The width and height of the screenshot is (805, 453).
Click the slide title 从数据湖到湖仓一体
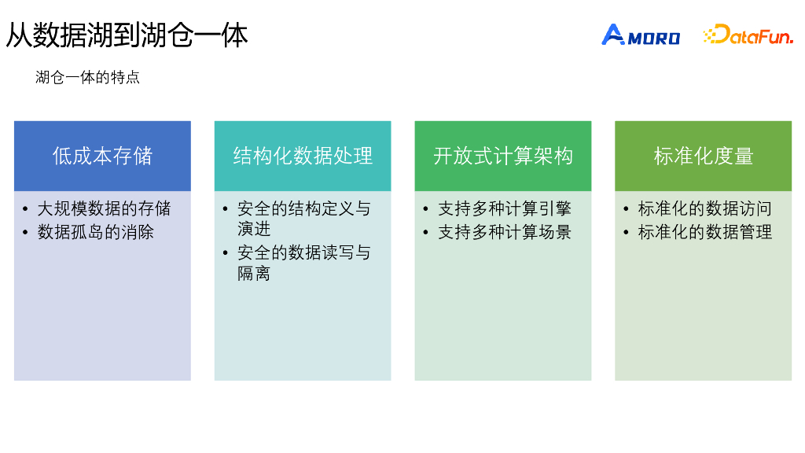click(127, 35)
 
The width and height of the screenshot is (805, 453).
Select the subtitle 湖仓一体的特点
click(87, 78)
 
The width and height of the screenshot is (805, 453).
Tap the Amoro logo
click(641, 35)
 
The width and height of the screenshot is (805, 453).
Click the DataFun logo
click(748, 35)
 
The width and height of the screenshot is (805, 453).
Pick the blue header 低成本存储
click(102, 156)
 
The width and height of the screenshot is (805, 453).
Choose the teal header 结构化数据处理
click(303, 156)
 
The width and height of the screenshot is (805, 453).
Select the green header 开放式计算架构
click(503, 156)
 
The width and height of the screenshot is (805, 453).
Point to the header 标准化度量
click(704, 156)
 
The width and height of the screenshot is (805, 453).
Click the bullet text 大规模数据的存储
click(104, 209)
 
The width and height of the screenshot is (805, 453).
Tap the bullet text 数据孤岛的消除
click(96, 232)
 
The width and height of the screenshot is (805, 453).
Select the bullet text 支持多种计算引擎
click(505, 209)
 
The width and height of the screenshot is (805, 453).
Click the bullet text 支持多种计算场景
click(505, 232)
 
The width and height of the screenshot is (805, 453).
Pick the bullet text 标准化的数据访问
click(705, 209)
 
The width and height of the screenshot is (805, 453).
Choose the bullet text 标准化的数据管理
click(705, 232)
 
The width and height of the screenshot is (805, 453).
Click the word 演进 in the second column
click(254, 229)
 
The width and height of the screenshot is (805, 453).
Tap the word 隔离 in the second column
click(254, 273)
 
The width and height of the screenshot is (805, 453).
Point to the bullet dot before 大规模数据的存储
click(27, 209)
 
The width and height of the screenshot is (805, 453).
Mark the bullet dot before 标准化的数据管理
click(627, 232)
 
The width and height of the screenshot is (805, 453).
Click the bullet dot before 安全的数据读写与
click(226, 253)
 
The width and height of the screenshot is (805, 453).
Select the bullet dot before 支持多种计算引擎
click(427, 209)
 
